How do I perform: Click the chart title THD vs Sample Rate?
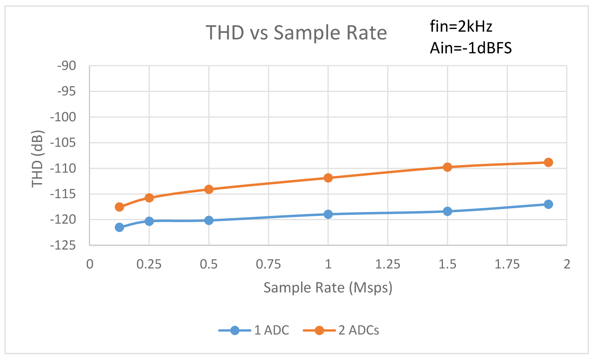coord(296,32)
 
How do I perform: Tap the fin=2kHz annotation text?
coord(461,27)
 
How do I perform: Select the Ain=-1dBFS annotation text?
coord(470,48)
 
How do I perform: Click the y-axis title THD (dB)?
coord(37,159)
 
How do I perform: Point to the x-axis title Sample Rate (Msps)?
coord(328,288)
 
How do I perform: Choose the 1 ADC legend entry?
coord(254,330)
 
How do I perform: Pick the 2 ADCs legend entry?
coord(341,330)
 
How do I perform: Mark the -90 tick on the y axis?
coord(67,66)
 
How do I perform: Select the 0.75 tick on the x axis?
coord(268,265)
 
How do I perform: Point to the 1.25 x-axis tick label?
coord(388,265)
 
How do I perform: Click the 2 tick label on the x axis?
coord(567,265)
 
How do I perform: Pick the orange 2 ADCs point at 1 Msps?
coord(328,178)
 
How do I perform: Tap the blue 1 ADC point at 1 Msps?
coord(328,214)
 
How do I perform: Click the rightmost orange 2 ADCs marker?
coord(548,162)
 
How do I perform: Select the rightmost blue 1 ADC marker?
coord(548,204)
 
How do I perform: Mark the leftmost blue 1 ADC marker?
coord(119,227)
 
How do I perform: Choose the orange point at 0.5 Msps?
coord(209,189)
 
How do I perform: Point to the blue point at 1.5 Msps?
coord(447,211)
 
